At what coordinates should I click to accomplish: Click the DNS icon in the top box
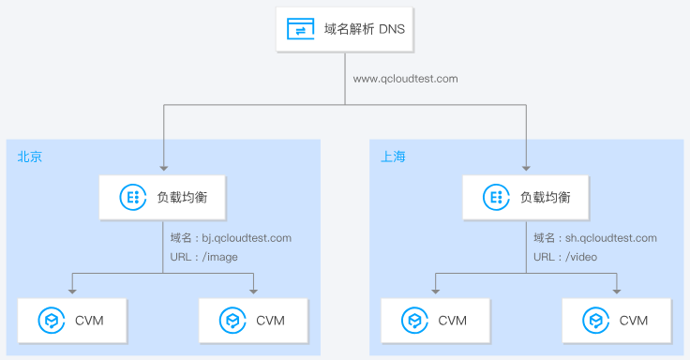click(300, 30)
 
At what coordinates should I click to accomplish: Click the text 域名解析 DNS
click(365, 30)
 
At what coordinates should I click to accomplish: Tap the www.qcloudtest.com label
click(405, 79)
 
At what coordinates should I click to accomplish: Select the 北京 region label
click(29, 157)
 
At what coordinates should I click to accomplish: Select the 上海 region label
click(393, 157)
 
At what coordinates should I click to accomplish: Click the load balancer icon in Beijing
click(131, 197)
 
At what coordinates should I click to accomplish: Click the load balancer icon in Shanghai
click(494, 197)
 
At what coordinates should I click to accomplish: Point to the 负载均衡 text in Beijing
click(182, 197)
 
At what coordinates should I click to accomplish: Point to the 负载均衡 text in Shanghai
click(545, 197)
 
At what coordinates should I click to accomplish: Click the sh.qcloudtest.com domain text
click(594, 238)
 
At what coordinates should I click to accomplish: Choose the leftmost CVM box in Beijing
click(72, 321)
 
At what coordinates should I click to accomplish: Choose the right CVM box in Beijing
click(253, 321)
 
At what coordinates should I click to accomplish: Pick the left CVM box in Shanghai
click(435, 321)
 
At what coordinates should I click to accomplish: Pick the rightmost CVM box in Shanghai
click(616, 321)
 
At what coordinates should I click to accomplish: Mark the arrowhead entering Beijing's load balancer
click(164, 169)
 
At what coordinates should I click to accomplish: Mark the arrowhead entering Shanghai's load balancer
click(526, 169)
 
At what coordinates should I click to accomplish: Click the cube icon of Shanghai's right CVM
click(595, 321)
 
